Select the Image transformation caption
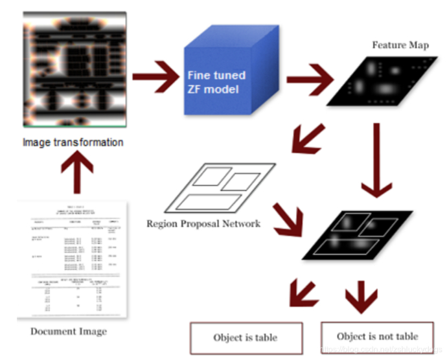click(73, 142)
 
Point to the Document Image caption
click(69, 332)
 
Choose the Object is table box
click(246, 337)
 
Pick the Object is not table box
click(378, 337)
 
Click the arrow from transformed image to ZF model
click(154, 76)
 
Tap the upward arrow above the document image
click(76, 173)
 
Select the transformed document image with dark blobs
click(73, 70)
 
